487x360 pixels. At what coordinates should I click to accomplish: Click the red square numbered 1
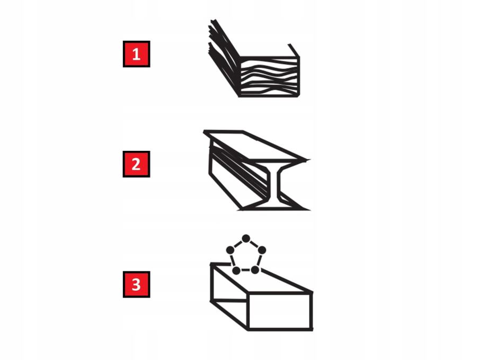pos(136,54)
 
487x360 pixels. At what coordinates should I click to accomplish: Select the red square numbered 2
pos(136,164)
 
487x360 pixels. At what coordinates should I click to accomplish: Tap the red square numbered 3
pos(136,284)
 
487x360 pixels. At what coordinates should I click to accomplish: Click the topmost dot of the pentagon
pos(246,239)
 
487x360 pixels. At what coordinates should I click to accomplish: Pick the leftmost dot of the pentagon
pos(230,250)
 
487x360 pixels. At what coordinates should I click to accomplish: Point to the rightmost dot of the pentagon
pos(262,250)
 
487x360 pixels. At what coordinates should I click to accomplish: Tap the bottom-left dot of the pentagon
pos(236,271)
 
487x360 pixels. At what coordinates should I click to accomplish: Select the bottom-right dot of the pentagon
pos(255,270)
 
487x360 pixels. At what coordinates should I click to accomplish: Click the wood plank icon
pos(254,58)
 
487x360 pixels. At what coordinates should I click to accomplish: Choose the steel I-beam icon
pos(256,170)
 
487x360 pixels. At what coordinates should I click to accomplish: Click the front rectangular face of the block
pos(279,311)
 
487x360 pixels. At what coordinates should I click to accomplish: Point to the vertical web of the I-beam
pos(273,185)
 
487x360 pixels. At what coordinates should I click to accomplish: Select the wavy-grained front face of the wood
pos(270,77)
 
